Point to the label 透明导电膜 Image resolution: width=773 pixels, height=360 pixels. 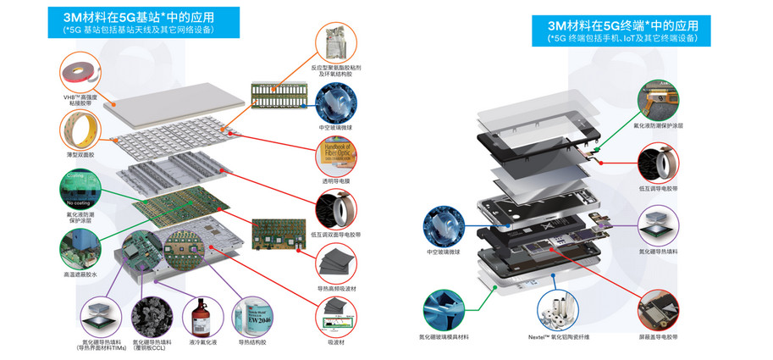coord(338,180)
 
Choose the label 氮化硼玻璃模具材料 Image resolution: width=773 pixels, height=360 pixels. coord(447,337)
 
